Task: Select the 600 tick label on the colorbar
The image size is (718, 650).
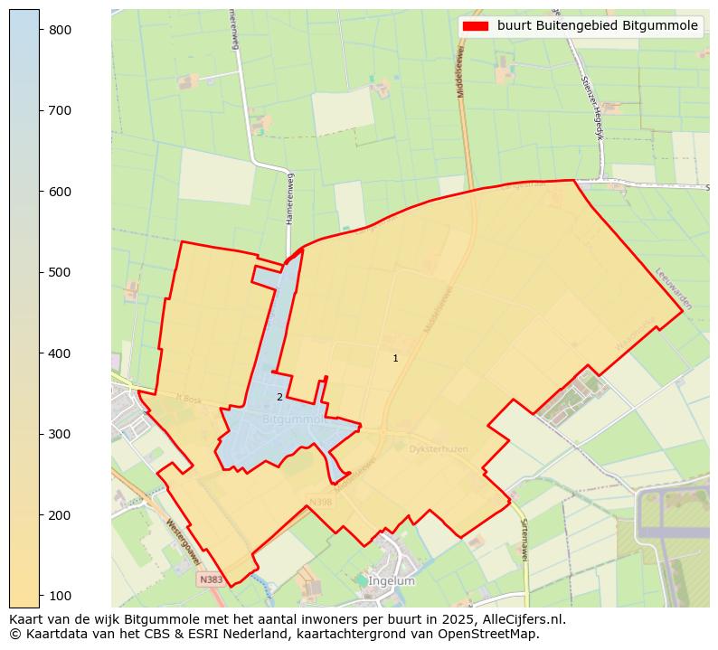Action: (x=60, y=192)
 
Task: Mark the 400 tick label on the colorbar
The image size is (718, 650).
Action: (x=60, y=353)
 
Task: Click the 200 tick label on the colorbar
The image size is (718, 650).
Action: (x=60, y=515)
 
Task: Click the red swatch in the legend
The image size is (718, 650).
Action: (x=475, y=26)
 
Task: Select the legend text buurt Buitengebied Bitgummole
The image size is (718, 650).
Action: (x=597, y=26)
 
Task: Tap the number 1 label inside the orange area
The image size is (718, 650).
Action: (x=395, y=359)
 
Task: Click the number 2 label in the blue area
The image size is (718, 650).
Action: (x=279, y=397)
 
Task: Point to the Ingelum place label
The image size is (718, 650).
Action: (x=392, y=581)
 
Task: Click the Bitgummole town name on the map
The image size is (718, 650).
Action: (x=294, y=420)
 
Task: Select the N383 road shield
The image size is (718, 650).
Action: (x=211, y=579)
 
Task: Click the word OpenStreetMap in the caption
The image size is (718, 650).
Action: (x=496, y=634)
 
